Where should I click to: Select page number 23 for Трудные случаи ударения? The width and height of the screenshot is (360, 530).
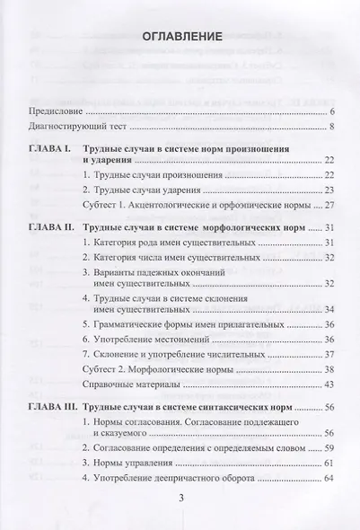[329, 190]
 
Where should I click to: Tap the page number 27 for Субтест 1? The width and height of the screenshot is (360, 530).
[329, 207]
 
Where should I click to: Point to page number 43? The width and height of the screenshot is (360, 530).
[329, 384]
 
